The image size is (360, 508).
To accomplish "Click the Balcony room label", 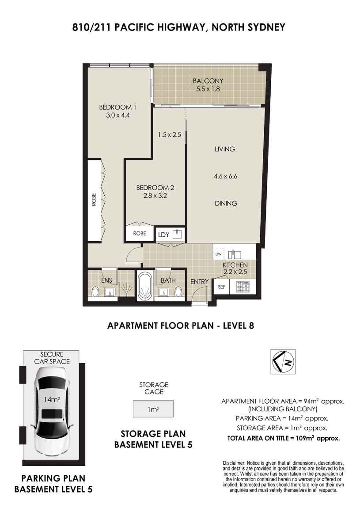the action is point(208,81).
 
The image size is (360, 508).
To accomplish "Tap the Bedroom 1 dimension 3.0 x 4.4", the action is point(118,115).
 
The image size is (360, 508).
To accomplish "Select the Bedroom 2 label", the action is point(155,188).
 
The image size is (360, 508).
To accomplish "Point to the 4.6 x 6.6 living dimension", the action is point(226,176).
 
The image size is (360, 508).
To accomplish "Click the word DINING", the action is point(226,204).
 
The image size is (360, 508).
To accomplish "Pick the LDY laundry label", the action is point(163,235).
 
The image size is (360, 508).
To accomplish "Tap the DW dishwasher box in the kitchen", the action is point(218,254).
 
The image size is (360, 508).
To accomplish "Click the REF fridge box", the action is point(221,287).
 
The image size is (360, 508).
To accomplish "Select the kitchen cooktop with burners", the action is point(243,287).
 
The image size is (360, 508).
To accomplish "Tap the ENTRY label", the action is point(199,282).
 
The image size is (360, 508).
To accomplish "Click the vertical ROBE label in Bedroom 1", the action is point(94,200).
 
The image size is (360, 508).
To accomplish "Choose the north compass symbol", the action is point(283,361).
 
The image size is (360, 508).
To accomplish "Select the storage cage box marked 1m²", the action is point(153,409).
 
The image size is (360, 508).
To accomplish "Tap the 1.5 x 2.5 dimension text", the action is point(170,134).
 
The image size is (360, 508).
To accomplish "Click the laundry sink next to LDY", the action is point(177,234).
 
